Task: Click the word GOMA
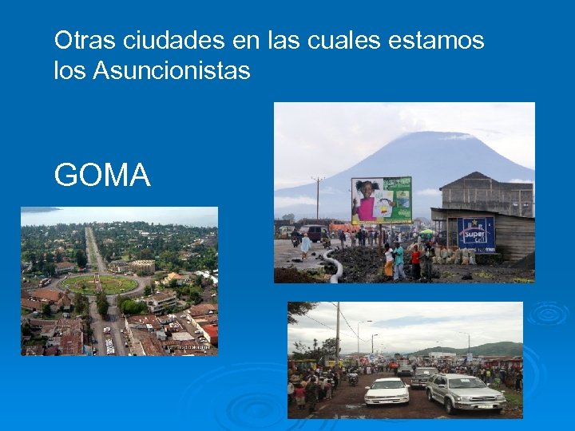tap(102, 175)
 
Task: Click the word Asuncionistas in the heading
tap(172, 71)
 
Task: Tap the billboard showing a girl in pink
tap(381, 200)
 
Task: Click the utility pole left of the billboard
tap(318, 200)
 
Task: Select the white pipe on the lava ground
tap(335, 267)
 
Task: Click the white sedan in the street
tap(387, 391)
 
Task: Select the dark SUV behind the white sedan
tap(423, 376)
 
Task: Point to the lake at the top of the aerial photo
tap(120, 215)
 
